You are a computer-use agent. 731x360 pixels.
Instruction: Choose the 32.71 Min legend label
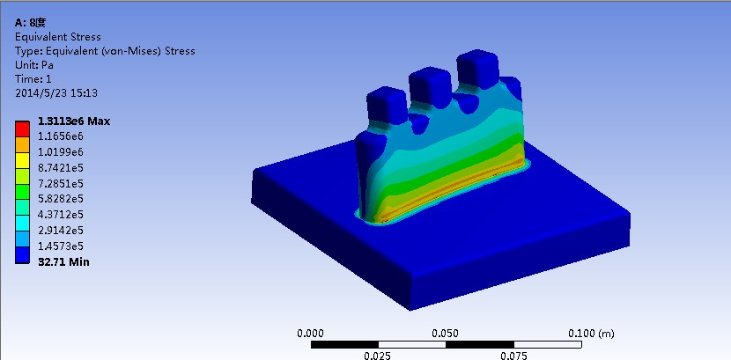[63, 261]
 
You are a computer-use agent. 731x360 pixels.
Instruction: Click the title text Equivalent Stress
[58, 37]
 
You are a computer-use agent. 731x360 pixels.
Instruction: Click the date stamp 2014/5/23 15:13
[56, 92]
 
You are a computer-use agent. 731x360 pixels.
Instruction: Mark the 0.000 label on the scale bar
[310, 334]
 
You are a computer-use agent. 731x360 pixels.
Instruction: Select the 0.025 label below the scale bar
[378, 355]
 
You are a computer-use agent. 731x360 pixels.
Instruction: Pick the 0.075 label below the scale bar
[513, 355]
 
